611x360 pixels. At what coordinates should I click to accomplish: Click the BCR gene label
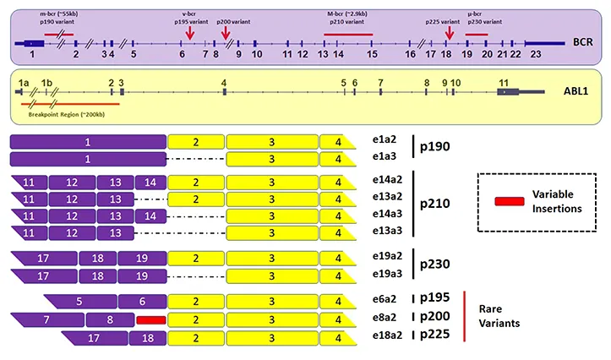click(582, 41)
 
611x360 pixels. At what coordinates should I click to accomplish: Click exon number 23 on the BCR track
click(534, 54)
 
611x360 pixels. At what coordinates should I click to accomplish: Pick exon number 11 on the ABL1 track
click(504, 82)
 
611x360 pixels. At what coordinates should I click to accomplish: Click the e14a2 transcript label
click(386, 181)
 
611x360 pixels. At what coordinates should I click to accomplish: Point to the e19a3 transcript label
click(386, 275)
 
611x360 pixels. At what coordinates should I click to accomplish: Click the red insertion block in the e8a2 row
click(150, 320)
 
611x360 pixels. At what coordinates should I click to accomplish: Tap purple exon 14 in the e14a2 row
click(150, 183)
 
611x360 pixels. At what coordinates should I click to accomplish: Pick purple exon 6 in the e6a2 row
click(141, 302)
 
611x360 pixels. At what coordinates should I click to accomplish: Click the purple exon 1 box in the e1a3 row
click(87, 158)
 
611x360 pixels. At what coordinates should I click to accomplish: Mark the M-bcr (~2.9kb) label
click(348, 14)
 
